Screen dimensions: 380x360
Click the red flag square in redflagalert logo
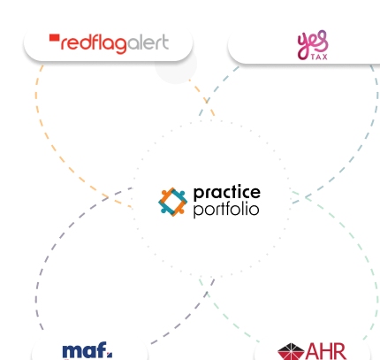(55, 38)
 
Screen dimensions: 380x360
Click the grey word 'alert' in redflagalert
(148, 42)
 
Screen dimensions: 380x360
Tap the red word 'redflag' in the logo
(94, 44)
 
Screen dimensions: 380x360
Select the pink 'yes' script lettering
(313, 43)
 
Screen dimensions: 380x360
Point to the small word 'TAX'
(319, 57)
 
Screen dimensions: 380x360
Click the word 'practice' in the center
(227, 193)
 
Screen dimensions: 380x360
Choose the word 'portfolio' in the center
(226, 210)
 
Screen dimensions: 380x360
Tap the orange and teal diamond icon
(173, 202)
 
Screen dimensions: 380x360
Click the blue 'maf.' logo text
(87, 351)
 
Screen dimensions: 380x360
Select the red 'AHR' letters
(326, 351)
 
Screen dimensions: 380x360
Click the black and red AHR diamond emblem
(291, 351)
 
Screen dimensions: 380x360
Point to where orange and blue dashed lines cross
(207, 101)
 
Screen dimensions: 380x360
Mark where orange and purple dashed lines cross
(108, 196)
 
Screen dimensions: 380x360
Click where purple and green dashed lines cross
(207, 293)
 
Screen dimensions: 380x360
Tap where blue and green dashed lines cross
(307, 196)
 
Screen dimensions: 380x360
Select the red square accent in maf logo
(110, 354)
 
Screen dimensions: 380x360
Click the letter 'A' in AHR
(313, 351)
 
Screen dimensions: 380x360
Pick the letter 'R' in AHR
(339, 351)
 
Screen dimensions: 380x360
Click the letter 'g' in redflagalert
(121, 45)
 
